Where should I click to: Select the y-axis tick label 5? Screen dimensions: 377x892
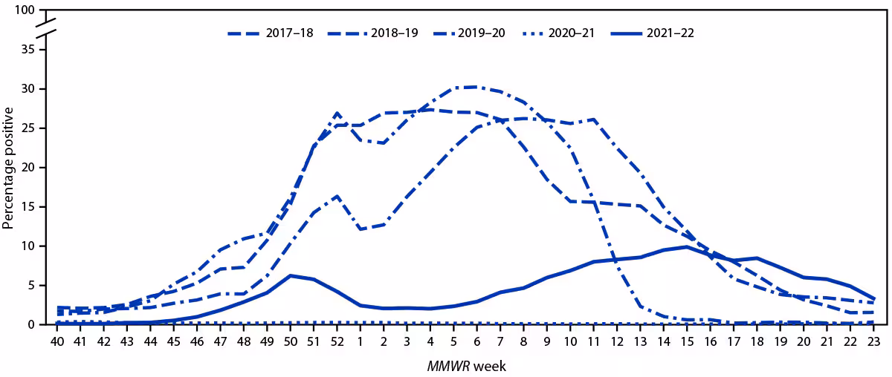(x=32, y=286)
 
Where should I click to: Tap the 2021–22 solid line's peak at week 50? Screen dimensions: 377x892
(x=290, y=275)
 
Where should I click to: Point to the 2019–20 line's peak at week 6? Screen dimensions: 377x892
(x=476, y=87)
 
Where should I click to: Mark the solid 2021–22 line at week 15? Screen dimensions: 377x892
(x=687, y=246)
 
